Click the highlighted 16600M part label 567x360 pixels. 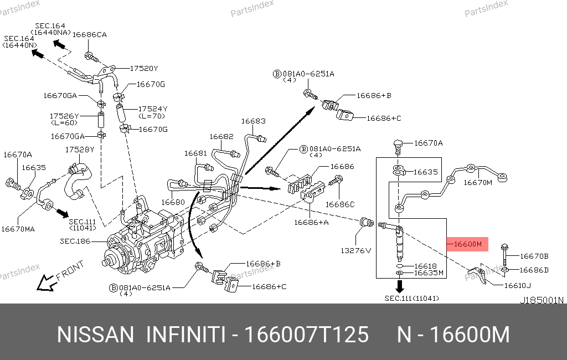pos(467,244)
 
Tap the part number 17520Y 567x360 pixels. pos(144,69)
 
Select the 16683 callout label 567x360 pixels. pos(253,121)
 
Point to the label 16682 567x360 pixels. pos(221,136)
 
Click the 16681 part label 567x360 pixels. pos(195,153)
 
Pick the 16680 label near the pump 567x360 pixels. pos(173,203)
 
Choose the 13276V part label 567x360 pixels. pos(355,250)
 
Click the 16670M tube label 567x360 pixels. pos(477,182)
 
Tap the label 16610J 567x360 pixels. pos(517,286)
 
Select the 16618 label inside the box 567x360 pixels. pos(426,266)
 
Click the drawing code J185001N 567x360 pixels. pos(541,300)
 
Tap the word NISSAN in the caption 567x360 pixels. pos(96,335)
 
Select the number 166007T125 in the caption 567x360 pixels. pos(306,335)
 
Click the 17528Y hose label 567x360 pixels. pos(80,150)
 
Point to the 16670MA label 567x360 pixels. pos(19,228)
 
